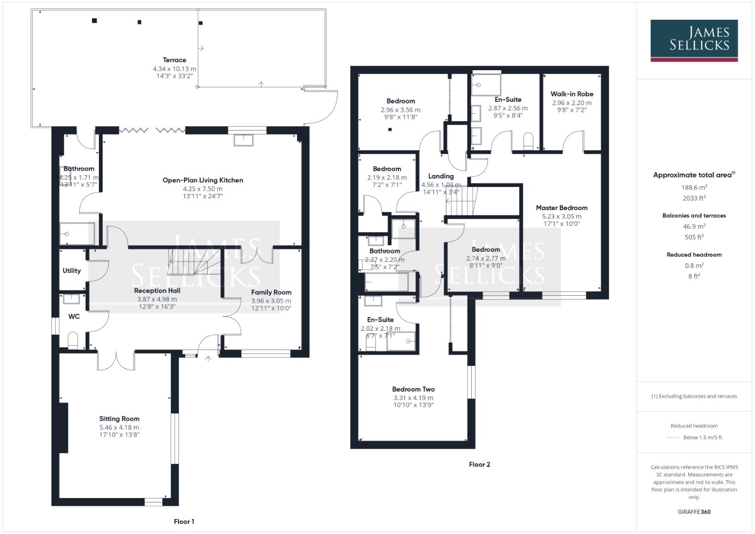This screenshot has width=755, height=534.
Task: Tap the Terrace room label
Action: pyautogui.click(x=175, y=60)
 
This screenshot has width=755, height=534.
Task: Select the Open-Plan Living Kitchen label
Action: pyautogui.click(x=203, y=180)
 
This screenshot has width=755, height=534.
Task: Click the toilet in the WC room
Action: pyautogui.click(x=73, y=340)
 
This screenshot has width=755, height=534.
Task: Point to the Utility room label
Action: pyautogui.click(x=72, y=270)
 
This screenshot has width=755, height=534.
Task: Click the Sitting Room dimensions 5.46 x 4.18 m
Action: pyautogui.click(x=119, y=427)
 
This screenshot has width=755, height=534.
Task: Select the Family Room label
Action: pyautogui.click(x=271, y=292)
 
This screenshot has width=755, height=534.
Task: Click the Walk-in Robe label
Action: pyautogui.click(x=572, y=94)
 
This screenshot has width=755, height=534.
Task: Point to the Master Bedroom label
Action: pyautogui.click(x=562, y=208)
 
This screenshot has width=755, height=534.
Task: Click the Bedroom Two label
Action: pyautogui.click(x=413, y=389)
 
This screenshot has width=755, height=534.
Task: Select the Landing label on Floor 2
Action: pyautogui.click(x=441, y=176)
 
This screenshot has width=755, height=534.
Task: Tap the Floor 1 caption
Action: pyautogui.click(x=184, y=521)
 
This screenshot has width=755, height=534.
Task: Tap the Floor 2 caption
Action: pyautogui.click(x=479, y=464)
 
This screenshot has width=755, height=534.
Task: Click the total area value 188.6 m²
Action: pyautogui.click(x=694, y=187)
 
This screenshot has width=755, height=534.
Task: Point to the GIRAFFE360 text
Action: pyautogui.click(x=694, y=512)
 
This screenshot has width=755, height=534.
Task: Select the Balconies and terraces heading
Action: pyautogui.click(x=694, y=216)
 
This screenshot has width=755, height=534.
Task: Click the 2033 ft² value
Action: pyautogui.click(x=694, y=198)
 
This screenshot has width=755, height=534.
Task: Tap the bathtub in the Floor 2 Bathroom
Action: pyautogui.click(x=386, y=282)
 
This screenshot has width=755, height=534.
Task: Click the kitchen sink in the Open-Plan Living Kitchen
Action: pyautogui.click(x=244, y=140)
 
